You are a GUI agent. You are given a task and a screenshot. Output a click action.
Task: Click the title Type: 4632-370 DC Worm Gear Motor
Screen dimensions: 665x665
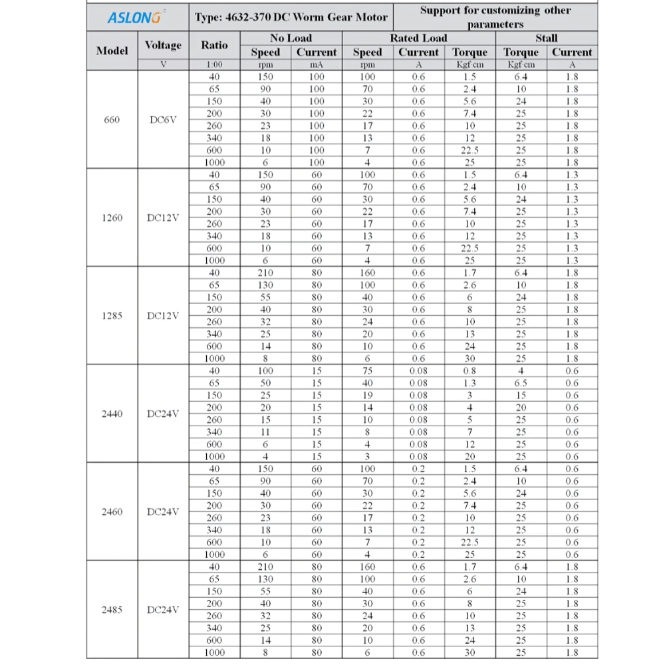(x=291, y=17)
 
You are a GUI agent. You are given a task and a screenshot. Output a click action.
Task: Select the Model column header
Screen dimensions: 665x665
(x=112, y=51)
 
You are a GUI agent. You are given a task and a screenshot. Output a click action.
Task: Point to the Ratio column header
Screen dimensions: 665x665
(x=214, y=45)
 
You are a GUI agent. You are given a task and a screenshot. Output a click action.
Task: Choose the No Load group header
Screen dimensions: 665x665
(x=291, y=38)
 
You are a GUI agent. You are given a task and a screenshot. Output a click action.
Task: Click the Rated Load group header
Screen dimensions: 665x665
(x=418, y=38)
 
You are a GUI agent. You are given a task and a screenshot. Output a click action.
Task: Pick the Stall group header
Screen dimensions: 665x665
(x=546, y=38)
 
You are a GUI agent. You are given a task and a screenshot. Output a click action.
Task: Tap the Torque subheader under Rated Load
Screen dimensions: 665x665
(x=469, y=52)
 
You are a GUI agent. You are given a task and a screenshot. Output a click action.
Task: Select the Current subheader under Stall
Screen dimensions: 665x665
(x=571, y=52)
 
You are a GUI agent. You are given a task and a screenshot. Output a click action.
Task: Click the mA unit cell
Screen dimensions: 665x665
(x=317, y=65)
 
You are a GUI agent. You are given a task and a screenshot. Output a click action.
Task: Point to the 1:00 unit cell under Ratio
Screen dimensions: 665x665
(x=214, y=65)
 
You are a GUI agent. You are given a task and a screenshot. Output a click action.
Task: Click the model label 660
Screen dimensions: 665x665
(x=112, y=120)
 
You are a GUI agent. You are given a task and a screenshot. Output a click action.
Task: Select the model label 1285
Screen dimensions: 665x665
(x=112, y=316)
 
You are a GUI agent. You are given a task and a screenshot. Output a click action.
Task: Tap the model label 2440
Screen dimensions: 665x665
(x=112, y=414)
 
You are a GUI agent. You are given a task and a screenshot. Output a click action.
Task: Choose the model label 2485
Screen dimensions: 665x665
(x=112, y=609)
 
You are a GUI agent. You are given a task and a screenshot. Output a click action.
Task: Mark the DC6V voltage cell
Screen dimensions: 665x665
(x=163, y=120)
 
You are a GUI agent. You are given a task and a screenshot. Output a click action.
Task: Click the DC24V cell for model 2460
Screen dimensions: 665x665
(x=163, y=511)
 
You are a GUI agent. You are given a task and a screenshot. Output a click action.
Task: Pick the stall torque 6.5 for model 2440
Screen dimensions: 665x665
(x=521, y=383)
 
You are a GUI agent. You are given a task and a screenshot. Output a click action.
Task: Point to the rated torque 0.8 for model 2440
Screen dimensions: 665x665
(x=469, y=371)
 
